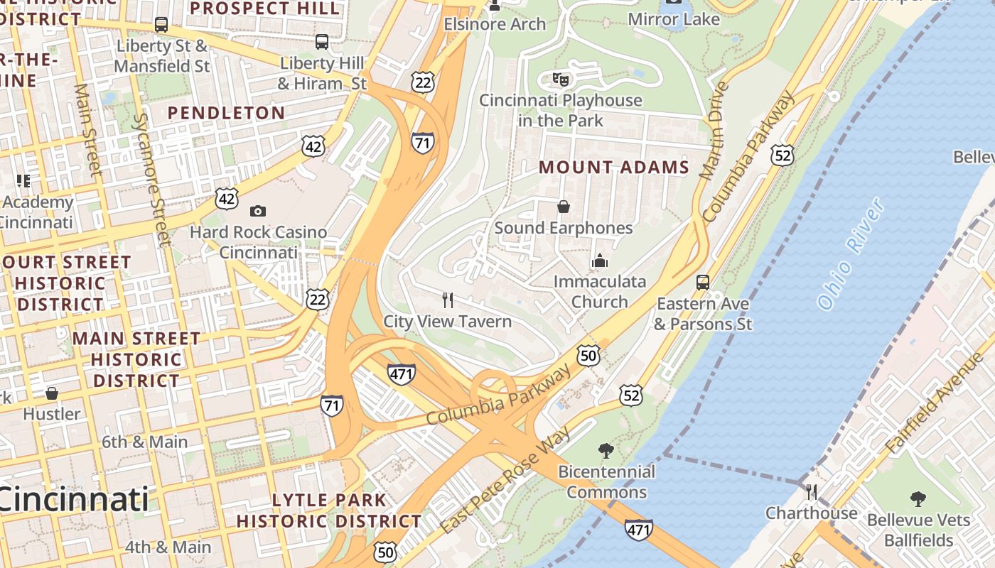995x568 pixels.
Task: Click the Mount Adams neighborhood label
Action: [x=614, y=168]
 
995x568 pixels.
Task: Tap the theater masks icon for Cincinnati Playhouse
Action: [x=561, y=79]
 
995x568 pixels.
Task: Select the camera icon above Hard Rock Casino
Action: [x=258, y=211]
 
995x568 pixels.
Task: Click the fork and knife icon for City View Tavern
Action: [x=448, y=300]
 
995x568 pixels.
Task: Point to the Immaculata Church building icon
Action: [x=600, y=261]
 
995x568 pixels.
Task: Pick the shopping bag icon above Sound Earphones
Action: [x=563, y=207]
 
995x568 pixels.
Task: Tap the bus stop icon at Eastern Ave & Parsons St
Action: [x=703, y=282]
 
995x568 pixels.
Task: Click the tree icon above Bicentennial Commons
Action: [x=606, y=449]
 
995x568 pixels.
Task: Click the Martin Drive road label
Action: [x=714, y=131]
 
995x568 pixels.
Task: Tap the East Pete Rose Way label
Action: [x=505, y=481]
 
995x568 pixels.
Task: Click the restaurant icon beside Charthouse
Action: [x=811, y=491]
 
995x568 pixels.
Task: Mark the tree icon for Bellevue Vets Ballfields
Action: [x=918, y=498]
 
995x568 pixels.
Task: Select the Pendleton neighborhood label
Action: [x=226, y=113]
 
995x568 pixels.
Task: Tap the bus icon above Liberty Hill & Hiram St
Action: [x=322, y=42]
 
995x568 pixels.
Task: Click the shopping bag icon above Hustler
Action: [x=52, y=393]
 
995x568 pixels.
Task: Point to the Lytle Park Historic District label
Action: [x=329, y=510]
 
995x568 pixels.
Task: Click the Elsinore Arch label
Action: [x=495, y=24]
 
